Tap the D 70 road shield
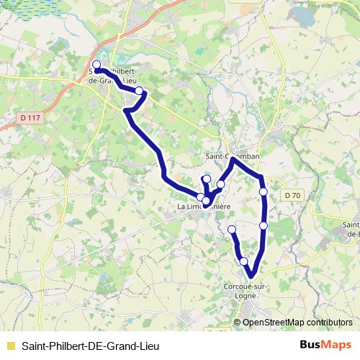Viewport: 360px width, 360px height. click(292, 194)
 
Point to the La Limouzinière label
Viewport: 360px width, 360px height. click(203, 207)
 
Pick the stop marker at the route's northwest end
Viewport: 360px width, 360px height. click(97, 64)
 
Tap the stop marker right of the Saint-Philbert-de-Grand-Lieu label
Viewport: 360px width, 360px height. click(140, 91)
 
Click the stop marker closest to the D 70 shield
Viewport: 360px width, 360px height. click(264, 192)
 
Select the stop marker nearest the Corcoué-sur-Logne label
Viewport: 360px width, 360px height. click(244, 261)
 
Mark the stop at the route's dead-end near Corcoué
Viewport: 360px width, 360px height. click(232, 229)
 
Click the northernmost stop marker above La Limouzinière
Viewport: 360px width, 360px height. click(207, 179)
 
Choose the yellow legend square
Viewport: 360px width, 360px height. click(9, 345)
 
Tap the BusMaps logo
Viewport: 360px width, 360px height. click(326, 344)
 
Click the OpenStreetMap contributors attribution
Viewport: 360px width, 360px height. click(297, 322)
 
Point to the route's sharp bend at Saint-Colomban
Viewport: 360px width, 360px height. click(233, 160)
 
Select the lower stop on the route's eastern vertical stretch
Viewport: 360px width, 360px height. click(264, 225)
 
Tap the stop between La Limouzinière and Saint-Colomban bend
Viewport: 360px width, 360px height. click(220, 184)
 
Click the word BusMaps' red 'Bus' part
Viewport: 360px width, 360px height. click(312, 344)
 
